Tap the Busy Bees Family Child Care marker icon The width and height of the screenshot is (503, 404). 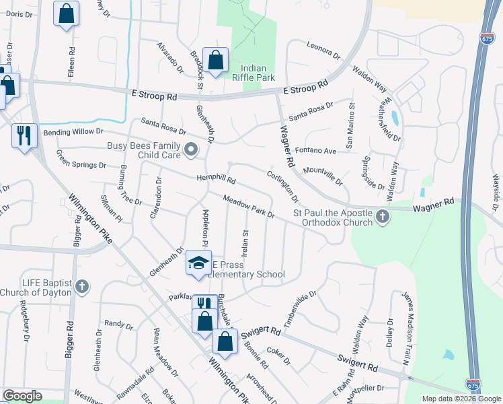coord(192,149)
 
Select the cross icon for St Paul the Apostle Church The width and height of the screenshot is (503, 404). coord(383,217)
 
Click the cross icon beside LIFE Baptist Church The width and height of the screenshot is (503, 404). coord(82,287)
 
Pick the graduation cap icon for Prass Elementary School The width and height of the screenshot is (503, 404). coord(198,264)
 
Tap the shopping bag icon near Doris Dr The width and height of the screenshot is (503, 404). coord(66,13)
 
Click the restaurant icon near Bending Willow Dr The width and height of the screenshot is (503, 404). coord(24,135)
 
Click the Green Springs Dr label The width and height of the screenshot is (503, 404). coord(81,160)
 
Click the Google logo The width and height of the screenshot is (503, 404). coord(23,396)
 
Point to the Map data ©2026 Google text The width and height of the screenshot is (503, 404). coord(461,399)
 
